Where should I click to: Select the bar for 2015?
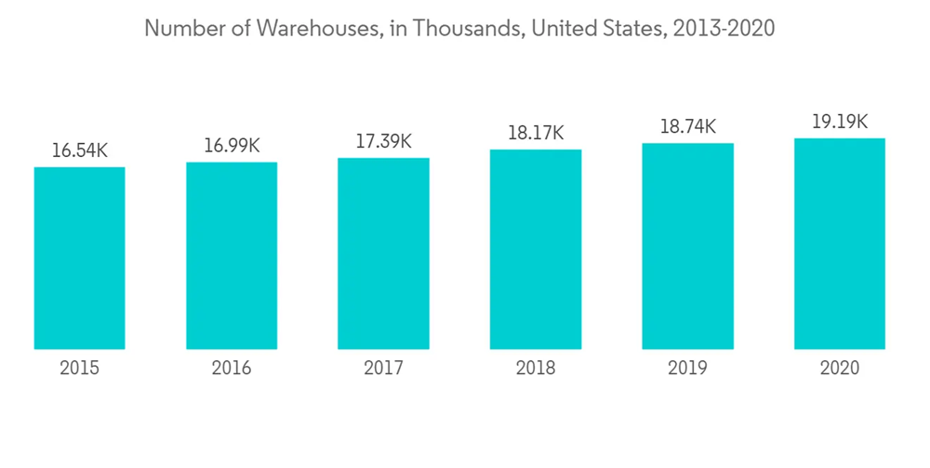(x=80, y=258)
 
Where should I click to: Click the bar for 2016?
(x=232, y=255)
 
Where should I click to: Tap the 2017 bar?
(x=383, y=253)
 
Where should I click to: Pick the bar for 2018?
(x=536, y=249)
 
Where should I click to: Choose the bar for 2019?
(x=687, y=246)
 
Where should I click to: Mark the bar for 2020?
(x=840, y=243)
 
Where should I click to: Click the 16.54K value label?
(x=80, y=150)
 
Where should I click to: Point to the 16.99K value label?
(x=232, y=146)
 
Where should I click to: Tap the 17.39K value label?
(x=383, y=142)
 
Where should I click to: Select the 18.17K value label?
(x=536, y=134)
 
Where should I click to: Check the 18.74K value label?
(x=687, y=127)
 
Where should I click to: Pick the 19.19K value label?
(x=840, y=122)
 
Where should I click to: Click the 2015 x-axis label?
(x=80, y=369)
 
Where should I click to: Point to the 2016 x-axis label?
(x=232, y=369)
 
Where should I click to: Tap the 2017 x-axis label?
(x=383, y=369)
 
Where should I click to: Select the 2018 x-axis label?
(x=536, y=369)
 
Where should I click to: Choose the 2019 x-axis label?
(x=687, y=369)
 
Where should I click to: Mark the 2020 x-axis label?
(x=840, y=369)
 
